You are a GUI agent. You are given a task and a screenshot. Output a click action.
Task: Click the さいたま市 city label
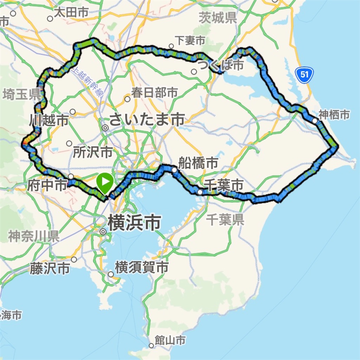[x=147, y=120]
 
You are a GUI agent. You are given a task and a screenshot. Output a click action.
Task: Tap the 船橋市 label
[x=198, y=163]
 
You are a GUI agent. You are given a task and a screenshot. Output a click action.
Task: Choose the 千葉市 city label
[x=224, y=185]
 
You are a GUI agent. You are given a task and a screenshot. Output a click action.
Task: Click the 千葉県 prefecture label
[x=225, y=220]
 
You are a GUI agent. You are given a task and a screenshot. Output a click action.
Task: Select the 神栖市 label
[x=334, y=114]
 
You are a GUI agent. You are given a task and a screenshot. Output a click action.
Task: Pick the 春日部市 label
[x=154, y=93]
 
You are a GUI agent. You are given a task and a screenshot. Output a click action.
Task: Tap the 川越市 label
[x=49, y=121]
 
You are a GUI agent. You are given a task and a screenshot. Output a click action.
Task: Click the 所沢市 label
[x=93, y=152]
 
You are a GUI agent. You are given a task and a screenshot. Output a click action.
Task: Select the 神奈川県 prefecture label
[x=33, y=236]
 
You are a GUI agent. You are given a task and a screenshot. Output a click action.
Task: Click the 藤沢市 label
[x=49, y=269]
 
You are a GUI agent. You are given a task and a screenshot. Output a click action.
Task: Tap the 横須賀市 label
[x=141, y=268]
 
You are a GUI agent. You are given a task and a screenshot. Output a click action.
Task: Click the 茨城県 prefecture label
[x=218, y=18]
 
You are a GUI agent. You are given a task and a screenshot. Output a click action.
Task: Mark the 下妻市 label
[x=190, y=41]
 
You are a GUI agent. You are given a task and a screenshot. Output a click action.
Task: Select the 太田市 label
[x=71, y=13]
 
